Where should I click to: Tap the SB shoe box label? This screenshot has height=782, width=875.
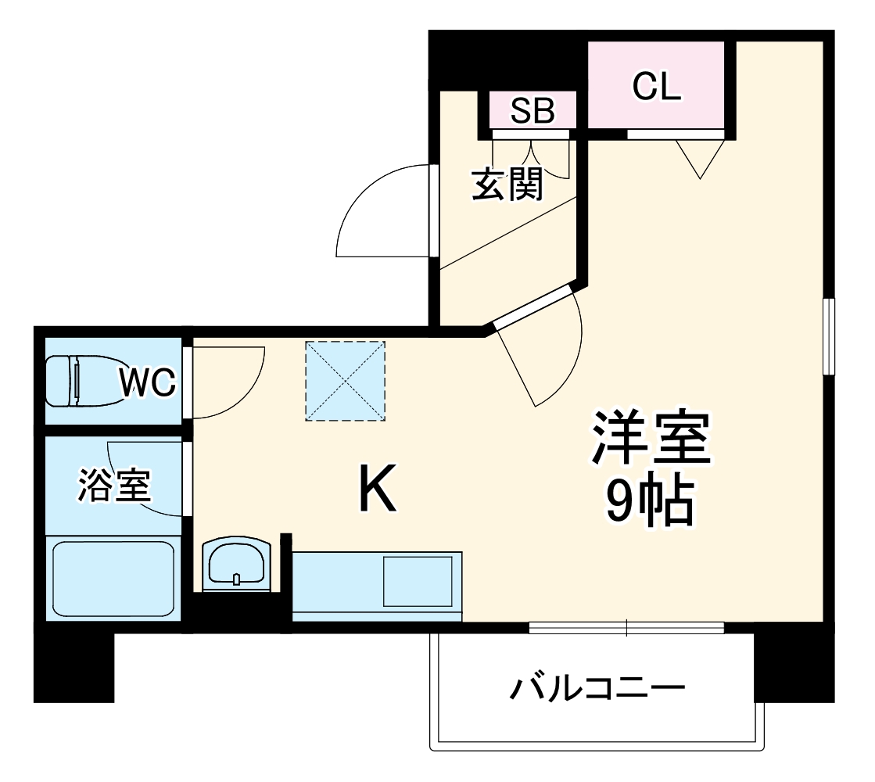pyautogui.click(x=533, y=111)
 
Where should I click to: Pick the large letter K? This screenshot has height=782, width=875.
pyautogui.click(x=378, y=488)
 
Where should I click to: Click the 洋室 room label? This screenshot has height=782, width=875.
pyautogui.click(x=651, y=439)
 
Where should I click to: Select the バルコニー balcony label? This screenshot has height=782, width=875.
pyautogui.click(x=597, y=689)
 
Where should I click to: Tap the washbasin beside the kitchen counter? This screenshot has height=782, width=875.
pyautogui.click(x=236, y=562)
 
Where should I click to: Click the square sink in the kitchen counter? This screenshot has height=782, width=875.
pyautogui.click(x=418, y=580)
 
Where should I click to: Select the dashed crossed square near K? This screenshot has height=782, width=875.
pyautogui.click(x=346, y=381)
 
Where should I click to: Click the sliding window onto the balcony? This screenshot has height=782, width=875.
pyautogui.click(x=626, y=627)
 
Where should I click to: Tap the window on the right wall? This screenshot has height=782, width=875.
pyautogui.click(x=830, y=336)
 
